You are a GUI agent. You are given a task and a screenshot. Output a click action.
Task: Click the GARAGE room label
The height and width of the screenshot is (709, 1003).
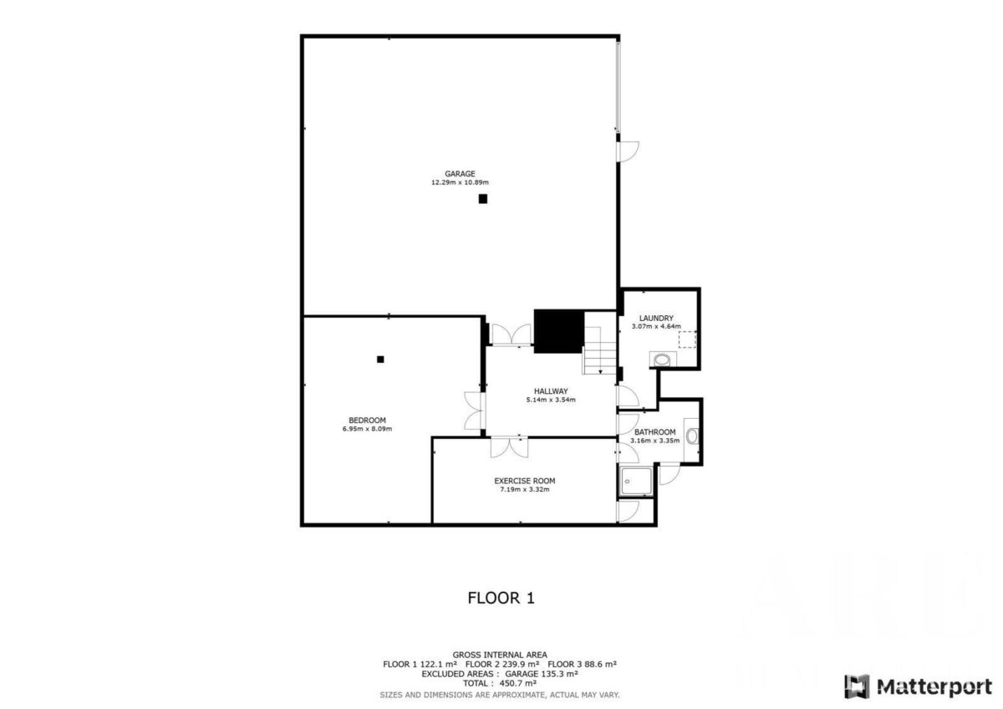point(460,174)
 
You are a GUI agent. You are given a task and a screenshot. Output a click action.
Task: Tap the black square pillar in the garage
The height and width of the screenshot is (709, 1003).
point(483,199)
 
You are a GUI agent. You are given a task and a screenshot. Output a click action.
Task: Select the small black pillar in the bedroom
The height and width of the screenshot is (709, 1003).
point(380,360)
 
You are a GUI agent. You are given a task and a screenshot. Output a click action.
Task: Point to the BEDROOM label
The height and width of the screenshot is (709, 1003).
point(367,420)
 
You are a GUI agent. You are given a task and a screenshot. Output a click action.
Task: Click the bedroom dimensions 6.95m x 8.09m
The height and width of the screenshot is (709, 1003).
point(367,429)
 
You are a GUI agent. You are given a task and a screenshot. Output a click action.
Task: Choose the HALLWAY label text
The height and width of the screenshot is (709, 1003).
point(551,391)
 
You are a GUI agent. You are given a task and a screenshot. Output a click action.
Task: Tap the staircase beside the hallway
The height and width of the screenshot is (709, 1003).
point(600,350)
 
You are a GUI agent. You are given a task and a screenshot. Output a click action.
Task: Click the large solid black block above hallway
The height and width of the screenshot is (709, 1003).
point(559,331)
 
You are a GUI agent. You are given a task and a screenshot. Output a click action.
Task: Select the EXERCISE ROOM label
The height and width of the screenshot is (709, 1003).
point(525,481)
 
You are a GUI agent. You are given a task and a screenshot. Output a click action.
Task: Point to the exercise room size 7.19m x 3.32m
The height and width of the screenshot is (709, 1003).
point(525,490)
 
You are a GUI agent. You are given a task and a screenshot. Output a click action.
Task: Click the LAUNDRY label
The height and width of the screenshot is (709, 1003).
point(656,319)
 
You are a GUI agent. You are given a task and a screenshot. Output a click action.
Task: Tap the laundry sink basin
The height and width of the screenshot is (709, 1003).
point(662,360)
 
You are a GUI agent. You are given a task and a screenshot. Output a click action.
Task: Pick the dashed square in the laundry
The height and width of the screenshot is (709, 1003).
point(687,339)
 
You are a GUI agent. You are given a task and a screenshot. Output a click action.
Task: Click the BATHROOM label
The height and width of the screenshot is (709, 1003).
point(655,432)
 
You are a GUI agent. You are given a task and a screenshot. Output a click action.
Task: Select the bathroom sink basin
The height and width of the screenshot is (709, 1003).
point(692,436)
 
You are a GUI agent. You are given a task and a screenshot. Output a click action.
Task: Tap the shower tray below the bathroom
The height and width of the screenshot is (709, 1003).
point(636,481)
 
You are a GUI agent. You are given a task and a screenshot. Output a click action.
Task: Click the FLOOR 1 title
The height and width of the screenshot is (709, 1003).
point(501,598)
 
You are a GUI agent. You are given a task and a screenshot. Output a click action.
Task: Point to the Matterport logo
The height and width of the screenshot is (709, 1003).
point(919,686)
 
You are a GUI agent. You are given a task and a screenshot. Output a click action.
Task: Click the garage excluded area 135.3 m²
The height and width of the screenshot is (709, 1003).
point(558,674)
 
